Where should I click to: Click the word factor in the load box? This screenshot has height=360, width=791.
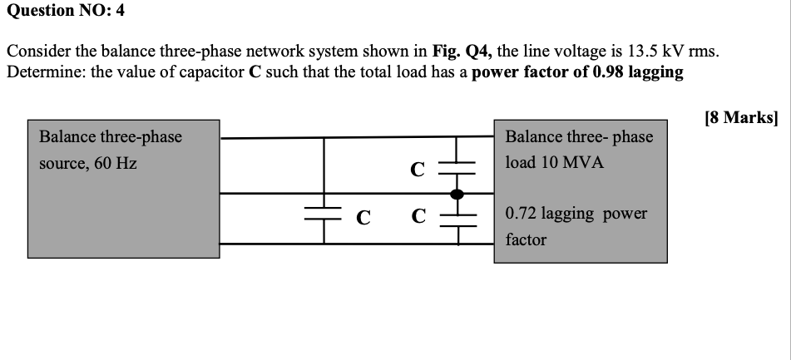coord(527,239)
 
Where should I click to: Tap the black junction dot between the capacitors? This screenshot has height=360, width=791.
coord(456,194)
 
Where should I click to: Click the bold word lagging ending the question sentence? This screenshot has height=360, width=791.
coord(655,72)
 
